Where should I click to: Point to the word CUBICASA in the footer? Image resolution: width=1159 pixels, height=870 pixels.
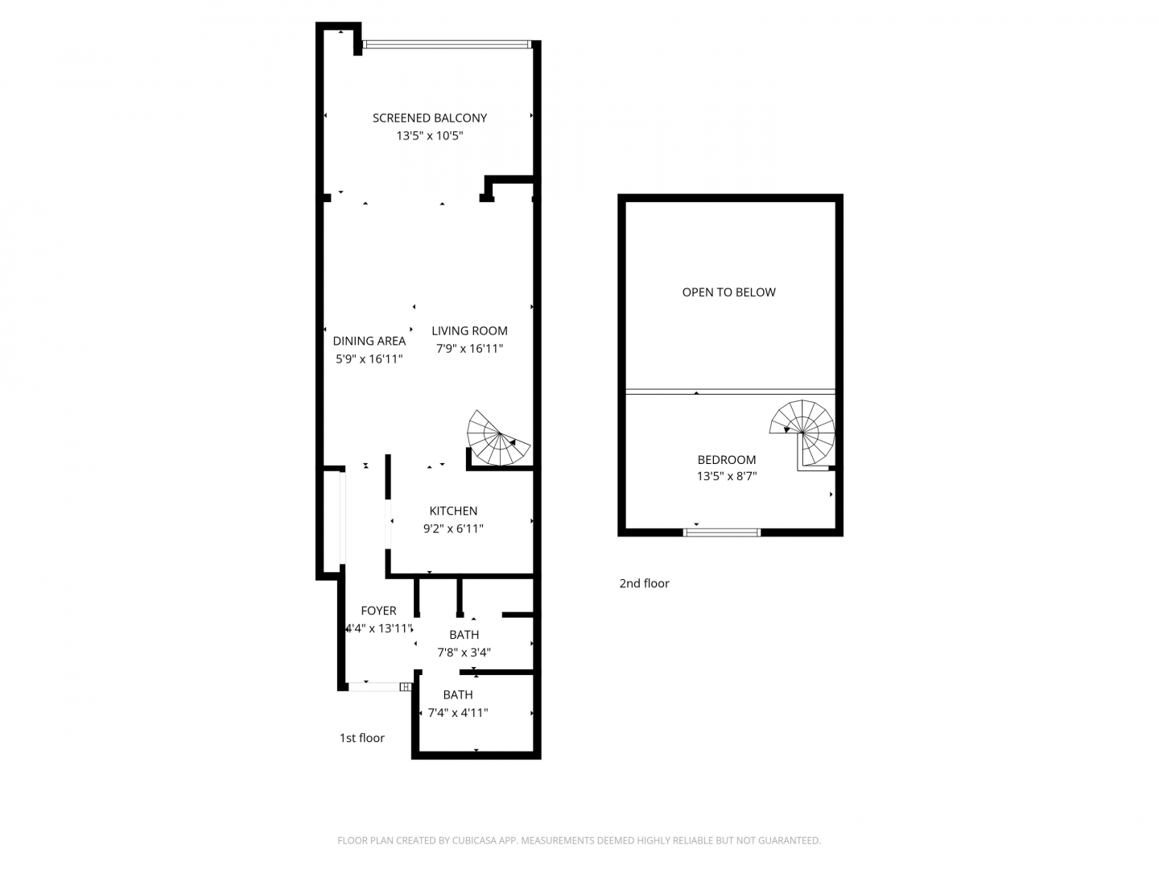coord(473,840)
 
